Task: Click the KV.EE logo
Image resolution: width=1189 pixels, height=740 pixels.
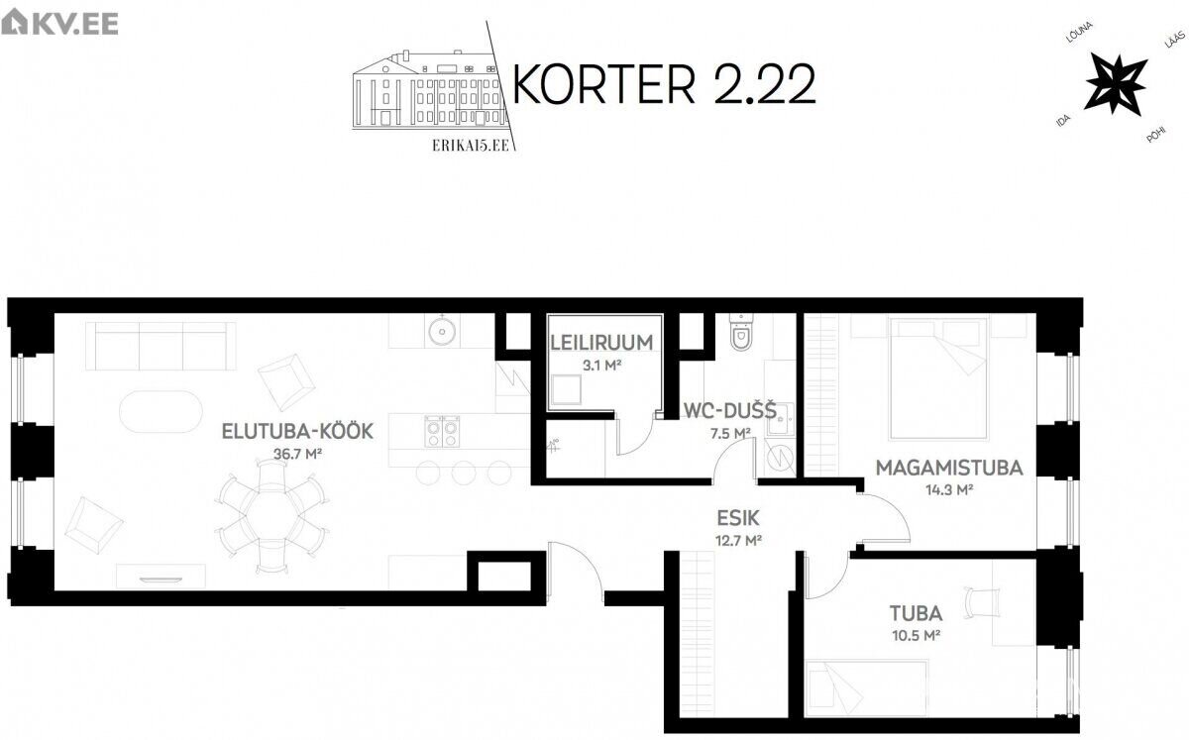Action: coord(59,24)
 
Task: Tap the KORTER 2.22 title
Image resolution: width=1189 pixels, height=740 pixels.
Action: coord(664,84)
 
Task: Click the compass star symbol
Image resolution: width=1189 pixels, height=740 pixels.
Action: coord(1116,84)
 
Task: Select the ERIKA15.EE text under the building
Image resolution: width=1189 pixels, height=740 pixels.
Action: coord(471,145)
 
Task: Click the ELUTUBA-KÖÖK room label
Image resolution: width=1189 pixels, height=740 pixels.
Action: coord(297,431)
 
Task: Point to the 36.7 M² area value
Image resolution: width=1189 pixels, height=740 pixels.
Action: coord(297,454)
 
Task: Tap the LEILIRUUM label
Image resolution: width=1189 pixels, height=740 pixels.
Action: coord(601,343)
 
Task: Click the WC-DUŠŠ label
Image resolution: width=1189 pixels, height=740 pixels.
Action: coord(730,411)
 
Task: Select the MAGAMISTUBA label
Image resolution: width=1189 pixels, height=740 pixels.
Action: coord(949,468)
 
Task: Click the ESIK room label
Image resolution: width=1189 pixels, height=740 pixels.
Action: coord(738,517)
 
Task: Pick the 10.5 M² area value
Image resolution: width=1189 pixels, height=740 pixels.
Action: coord(917,635)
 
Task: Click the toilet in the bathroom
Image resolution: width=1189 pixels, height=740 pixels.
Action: coord(741,332)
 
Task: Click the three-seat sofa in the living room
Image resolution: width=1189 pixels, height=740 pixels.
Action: coord(161,346)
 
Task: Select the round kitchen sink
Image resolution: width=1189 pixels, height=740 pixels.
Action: coord(442,330)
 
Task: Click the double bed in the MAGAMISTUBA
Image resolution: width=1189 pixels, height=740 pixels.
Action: coord(939,378)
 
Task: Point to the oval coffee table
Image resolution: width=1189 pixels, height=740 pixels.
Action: coord(161,411)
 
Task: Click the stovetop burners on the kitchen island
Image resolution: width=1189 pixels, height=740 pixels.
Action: coord(442,431)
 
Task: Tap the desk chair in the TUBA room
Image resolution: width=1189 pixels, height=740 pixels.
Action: coord(983,602)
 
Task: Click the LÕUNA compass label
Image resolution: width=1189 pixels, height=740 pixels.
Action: coord(1079,33)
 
